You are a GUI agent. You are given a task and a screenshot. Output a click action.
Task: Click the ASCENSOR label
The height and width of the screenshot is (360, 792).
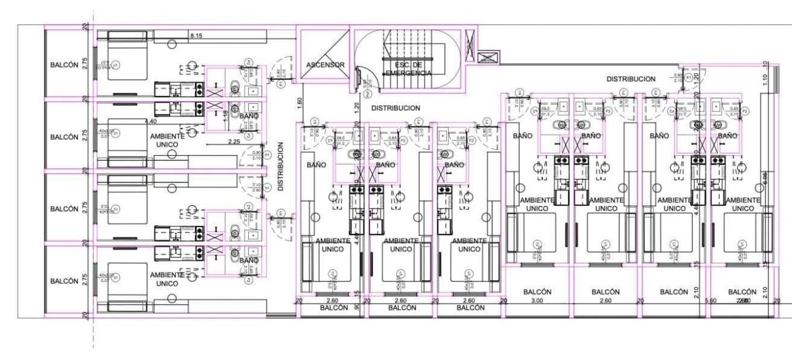pyautogui.click(x=325, y=65)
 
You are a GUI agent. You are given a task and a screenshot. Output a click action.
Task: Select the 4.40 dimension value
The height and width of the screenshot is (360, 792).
pyautogui.click(x=150, y=121)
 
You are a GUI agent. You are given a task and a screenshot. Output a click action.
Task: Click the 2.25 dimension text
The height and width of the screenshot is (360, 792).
pyautogui.click(x=233, y=142)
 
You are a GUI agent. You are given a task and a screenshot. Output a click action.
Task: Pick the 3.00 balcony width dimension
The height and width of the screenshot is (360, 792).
pyautogui.click(x=536, y=301)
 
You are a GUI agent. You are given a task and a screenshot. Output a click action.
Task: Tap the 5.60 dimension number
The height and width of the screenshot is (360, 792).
pyautogui.click(x=710, y=301)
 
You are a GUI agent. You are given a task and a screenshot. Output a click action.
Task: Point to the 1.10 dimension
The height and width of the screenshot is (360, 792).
pyautogui.click(x=765, y=79)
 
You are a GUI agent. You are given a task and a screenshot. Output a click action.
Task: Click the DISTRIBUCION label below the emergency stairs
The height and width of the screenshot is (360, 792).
pyautogui.click(x=395, y=108)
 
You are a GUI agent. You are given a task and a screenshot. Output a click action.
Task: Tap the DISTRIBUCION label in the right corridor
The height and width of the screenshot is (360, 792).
pyautogui.click(x=631, y=79)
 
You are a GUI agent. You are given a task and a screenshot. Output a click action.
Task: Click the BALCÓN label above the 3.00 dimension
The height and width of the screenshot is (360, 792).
pyautogui.click(x=536, y=291)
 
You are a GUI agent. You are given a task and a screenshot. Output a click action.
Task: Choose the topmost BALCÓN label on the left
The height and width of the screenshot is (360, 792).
pyautogui.click(x=64, y=65)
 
